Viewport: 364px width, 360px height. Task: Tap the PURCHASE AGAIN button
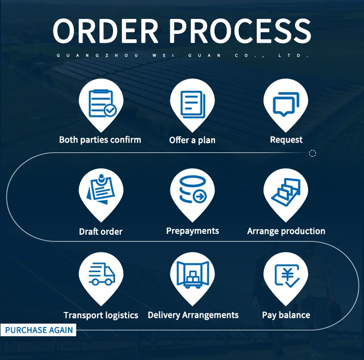click(x=39, y=330)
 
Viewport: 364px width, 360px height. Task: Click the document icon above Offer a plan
click(x=193, y=103)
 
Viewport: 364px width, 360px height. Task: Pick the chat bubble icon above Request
click(x=286, y=103)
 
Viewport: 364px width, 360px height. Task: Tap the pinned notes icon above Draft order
click(x=101, y=189)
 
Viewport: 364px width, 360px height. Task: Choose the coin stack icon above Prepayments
click(x=193, y=189)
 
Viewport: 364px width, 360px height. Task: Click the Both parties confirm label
click(x=100, y=140)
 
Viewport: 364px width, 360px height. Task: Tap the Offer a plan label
click(x=192, y=140)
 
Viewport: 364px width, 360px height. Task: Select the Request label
click(x=286, y=140)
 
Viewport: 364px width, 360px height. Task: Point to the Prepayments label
click(x=193, y=231)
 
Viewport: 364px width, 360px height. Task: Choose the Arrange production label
click(x=286, y=231)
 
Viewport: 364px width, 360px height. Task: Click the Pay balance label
click(x=286, y=315)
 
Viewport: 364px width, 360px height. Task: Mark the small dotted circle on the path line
click(x=313, y=153)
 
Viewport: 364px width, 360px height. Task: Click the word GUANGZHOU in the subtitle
click(x=98, y=56)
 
